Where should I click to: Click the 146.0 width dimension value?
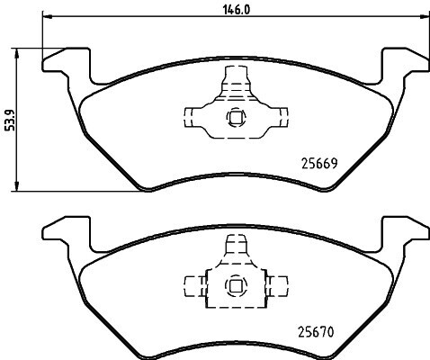point(237,10)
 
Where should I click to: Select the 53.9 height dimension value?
point(10,121)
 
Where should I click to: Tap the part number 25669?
point(319,164)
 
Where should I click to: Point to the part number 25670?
point(316,332)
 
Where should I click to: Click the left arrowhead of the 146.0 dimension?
point(48,16)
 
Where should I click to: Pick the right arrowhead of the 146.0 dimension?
point(425,16)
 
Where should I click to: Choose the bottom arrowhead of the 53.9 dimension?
point(17,185)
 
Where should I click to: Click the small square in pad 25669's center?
point(236,116)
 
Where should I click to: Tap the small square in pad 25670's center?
point(236,285)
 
